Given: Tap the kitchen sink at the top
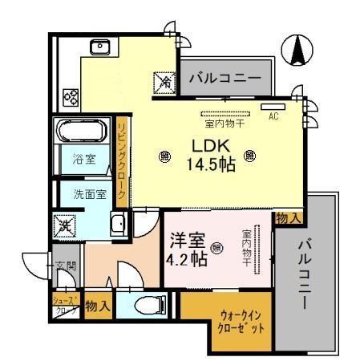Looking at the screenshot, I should pos(101,47).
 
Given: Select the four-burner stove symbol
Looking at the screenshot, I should pos(71,98).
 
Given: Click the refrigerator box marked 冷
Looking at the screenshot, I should pos(164,82).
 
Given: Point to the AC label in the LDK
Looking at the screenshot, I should pos(273,116).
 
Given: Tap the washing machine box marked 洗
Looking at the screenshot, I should pos(63,225).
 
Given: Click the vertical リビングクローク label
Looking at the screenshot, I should pos(122,159).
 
